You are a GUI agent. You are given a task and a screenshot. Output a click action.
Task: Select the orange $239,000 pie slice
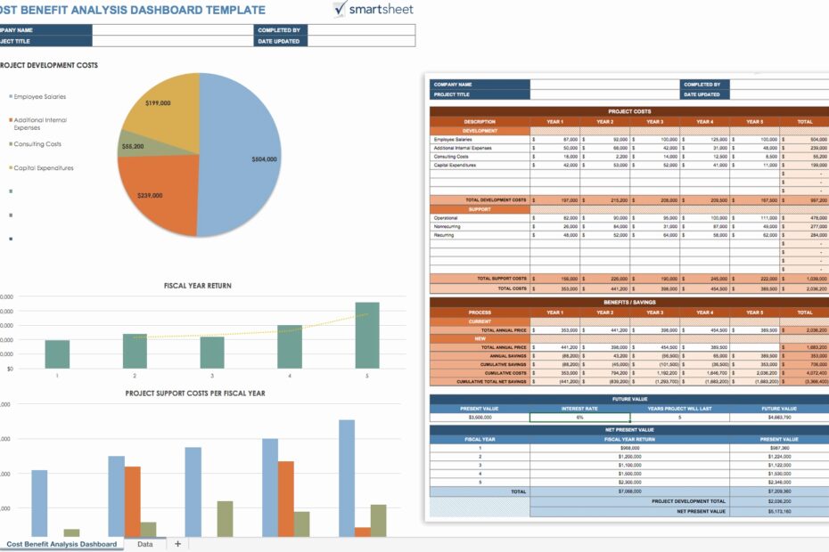click(156, 196)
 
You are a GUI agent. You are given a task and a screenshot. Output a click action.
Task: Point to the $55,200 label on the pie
click(132, 146)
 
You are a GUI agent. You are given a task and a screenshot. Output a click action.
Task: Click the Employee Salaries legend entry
click(40, 96)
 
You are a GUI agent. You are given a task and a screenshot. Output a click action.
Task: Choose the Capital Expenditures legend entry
click(44, 167)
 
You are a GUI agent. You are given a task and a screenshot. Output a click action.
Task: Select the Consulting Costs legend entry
click(38, 143)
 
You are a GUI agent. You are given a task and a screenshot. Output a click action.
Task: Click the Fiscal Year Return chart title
click(197, 286)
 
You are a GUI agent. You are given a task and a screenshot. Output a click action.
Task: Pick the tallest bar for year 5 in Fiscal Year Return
click(366, 335)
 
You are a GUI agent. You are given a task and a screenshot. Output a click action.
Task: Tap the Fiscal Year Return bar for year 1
click(57, 353)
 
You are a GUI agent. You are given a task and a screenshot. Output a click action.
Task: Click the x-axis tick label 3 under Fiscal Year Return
click(212, 376)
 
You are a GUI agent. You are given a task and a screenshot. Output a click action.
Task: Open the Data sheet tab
click(144, 544)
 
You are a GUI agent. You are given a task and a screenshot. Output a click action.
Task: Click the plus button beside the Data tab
click(177, 544)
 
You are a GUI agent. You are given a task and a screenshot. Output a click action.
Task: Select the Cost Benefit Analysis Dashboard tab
click(62, 544)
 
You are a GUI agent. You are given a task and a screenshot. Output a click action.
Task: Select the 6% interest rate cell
click(579, 417)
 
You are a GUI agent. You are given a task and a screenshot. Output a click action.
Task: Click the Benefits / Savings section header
click(629, 303)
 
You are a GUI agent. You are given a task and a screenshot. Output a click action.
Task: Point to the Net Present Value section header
click(629, 429)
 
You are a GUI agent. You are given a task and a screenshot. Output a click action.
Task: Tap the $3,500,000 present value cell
click(480, 417)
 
